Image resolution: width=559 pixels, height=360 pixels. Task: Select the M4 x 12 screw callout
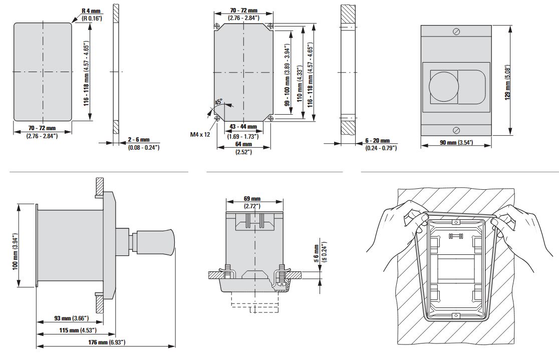[200, 134]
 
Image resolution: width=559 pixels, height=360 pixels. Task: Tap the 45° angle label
[218, 102]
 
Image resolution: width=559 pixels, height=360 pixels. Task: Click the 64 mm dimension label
[243, 144]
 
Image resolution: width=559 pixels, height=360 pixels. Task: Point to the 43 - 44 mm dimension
[243, 127]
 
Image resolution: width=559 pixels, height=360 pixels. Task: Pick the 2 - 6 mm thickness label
[139, 140]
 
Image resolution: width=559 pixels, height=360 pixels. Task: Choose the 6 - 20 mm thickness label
[378, 141]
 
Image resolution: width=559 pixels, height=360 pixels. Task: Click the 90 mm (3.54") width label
[456, 143]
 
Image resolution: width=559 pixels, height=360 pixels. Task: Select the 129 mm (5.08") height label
[508, 82]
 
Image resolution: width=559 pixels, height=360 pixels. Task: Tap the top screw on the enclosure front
[456, 32]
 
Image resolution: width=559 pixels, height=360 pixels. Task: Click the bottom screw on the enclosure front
[456, 130]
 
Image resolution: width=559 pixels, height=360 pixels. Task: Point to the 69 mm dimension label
[252, 199]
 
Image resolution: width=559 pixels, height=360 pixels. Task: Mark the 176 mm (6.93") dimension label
[107, 342]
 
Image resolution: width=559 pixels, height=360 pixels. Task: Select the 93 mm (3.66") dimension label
[71, 318]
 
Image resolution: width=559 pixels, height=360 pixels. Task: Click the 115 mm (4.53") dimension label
[78, 330]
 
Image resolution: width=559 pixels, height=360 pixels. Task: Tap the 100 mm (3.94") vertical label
[15, 252]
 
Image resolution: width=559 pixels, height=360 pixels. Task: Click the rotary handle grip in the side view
[156, 243]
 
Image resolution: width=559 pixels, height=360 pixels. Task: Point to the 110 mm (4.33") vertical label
[300, 83]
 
